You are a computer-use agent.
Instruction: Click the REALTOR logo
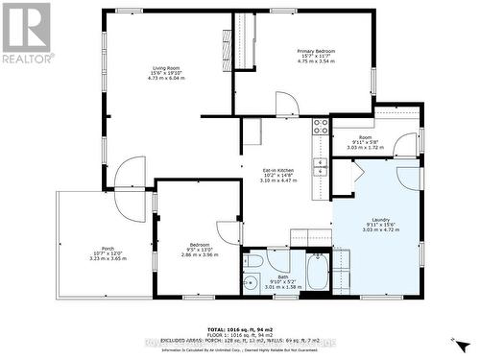[x=27, y=33]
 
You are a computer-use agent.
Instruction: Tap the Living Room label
[x=166, y=73]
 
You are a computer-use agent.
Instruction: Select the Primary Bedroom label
[x=316, y=55]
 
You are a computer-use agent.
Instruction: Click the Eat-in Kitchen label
[x=278, y=175]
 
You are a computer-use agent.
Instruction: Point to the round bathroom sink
[x=251, y=282]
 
